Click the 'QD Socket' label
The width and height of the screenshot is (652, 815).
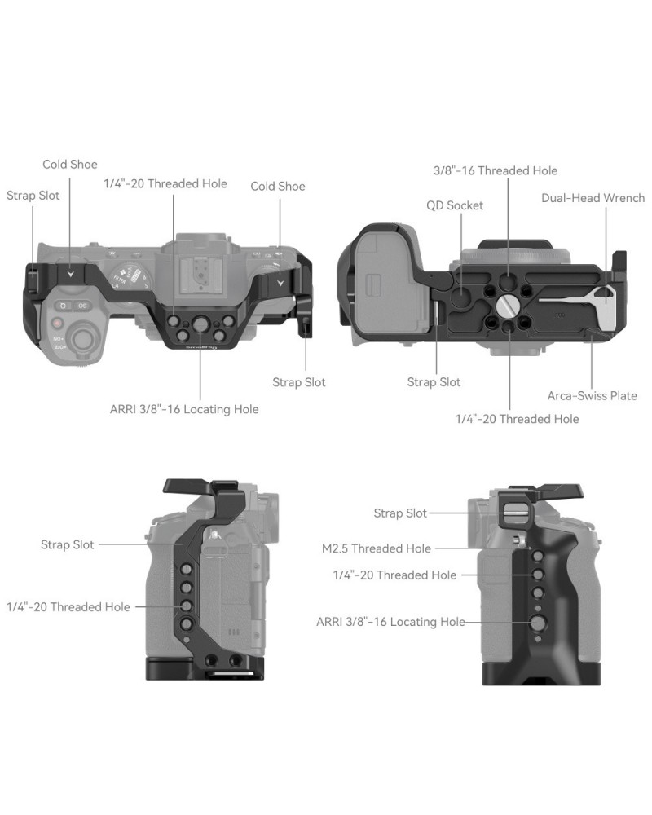(x=455, y=205)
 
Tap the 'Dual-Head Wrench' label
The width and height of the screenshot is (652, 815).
(x=593, y=198)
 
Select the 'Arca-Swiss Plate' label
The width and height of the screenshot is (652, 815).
(x=593, y=395)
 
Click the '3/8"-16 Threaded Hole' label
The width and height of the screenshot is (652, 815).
(x=496, y=170)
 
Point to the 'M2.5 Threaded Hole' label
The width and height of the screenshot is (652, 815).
(x=377, y=548)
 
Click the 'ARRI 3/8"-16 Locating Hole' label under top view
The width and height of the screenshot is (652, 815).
(x=184, y=409)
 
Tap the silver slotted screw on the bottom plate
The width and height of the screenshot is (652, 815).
(x=506, y=306)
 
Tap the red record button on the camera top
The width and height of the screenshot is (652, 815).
(x=57, y=324)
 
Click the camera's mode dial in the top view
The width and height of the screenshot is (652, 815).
(x=128, y=277)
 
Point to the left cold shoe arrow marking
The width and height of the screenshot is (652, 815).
(x=71, y=272)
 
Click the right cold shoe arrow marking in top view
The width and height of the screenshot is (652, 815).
(x=280, y=284)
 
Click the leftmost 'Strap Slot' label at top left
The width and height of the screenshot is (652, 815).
(x=33, y=196)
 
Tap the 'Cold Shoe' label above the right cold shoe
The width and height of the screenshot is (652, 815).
(x=278, y=186)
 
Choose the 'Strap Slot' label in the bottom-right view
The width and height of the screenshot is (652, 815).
(x=400, y=513)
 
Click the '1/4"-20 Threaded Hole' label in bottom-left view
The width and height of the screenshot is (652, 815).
(x=68, y=606)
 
